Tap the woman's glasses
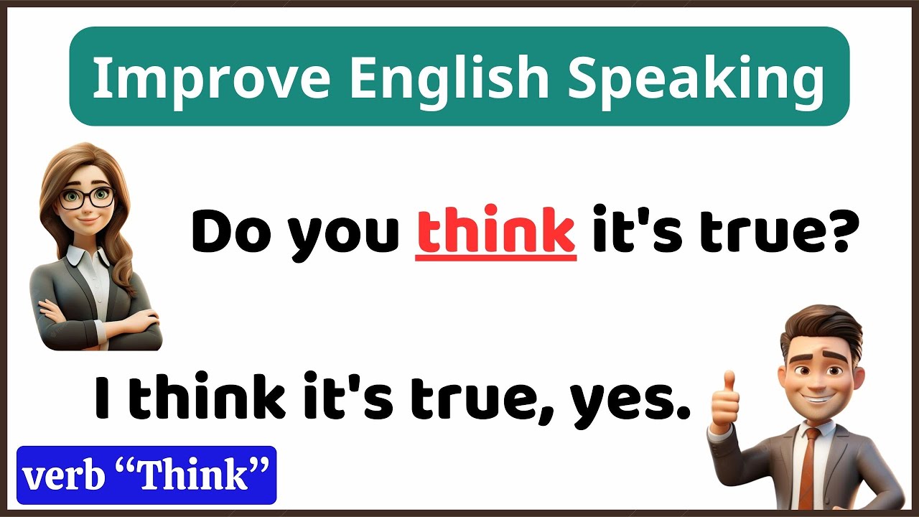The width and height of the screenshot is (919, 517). [x=86, y=196]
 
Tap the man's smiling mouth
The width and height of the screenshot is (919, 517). [x=816, y=397]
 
